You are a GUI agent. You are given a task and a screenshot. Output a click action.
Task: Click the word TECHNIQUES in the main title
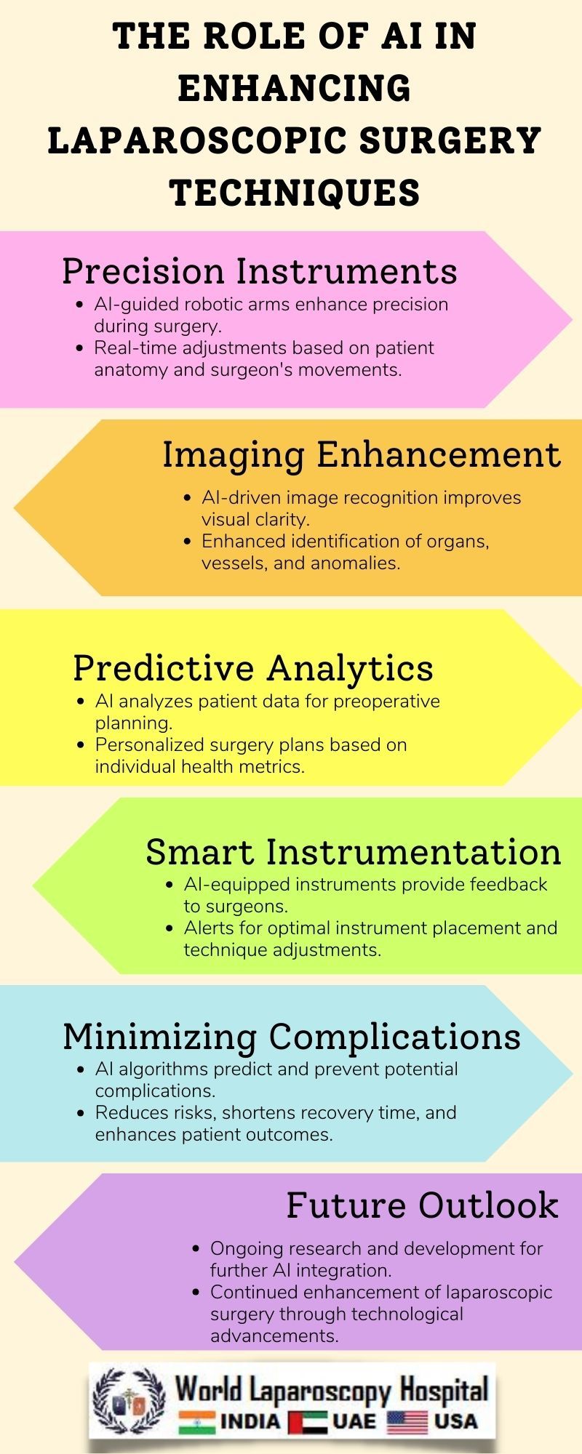coord(295,193)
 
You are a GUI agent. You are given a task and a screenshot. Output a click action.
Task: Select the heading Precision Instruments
coord(259,271)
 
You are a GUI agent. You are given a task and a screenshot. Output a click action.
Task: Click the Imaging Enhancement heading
coord(361,455)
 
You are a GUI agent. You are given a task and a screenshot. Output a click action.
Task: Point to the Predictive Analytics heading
coord(252,668)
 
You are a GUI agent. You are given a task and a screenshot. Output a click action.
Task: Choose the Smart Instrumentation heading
coord(354,852)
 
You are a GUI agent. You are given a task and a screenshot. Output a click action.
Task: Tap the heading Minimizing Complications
coord(292,1037)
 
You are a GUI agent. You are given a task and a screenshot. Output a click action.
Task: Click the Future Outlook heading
coord(422,1205)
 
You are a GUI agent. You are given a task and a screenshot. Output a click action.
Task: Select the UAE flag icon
coord(307,1421)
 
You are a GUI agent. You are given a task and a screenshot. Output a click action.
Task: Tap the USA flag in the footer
coord(407,1421)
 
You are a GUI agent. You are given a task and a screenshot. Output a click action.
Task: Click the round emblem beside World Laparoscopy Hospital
coord(129,1399)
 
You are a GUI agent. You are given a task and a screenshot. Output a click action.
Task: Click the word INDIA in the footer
coord(250,1421)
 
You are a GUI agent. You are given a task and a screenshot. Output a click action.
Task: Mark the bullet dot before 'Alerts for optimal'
coord(170,928)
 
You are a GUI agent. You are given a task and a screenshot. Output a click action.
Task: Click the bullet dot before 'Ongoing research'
coord(196,1249)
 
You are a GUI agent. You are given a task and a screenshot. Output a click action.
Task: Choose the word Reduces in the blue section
coord(127,1113)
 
